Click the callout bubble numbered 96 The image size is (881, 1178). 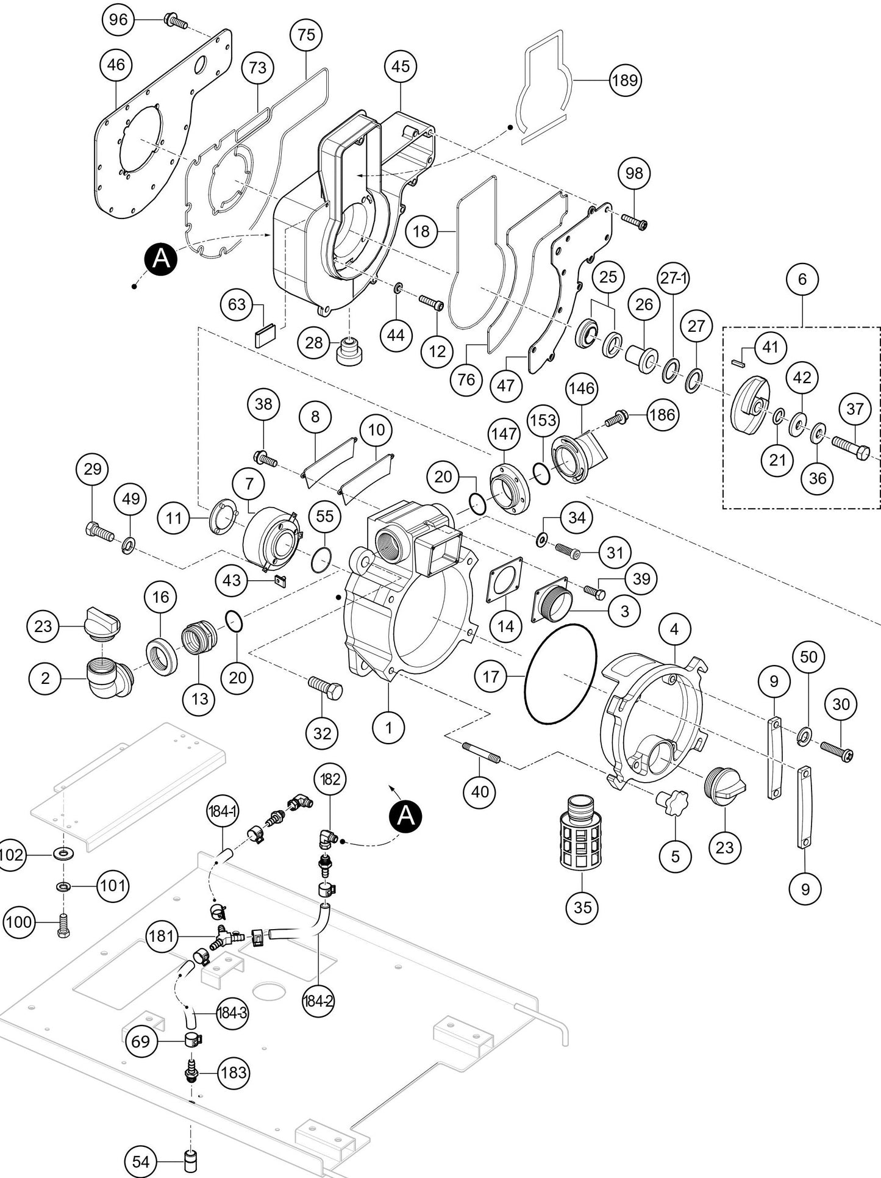point(118,20)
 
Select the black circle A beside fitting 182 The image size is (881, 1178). point(406,816)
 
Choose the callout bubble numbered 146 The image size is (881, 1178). point(582,388)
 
